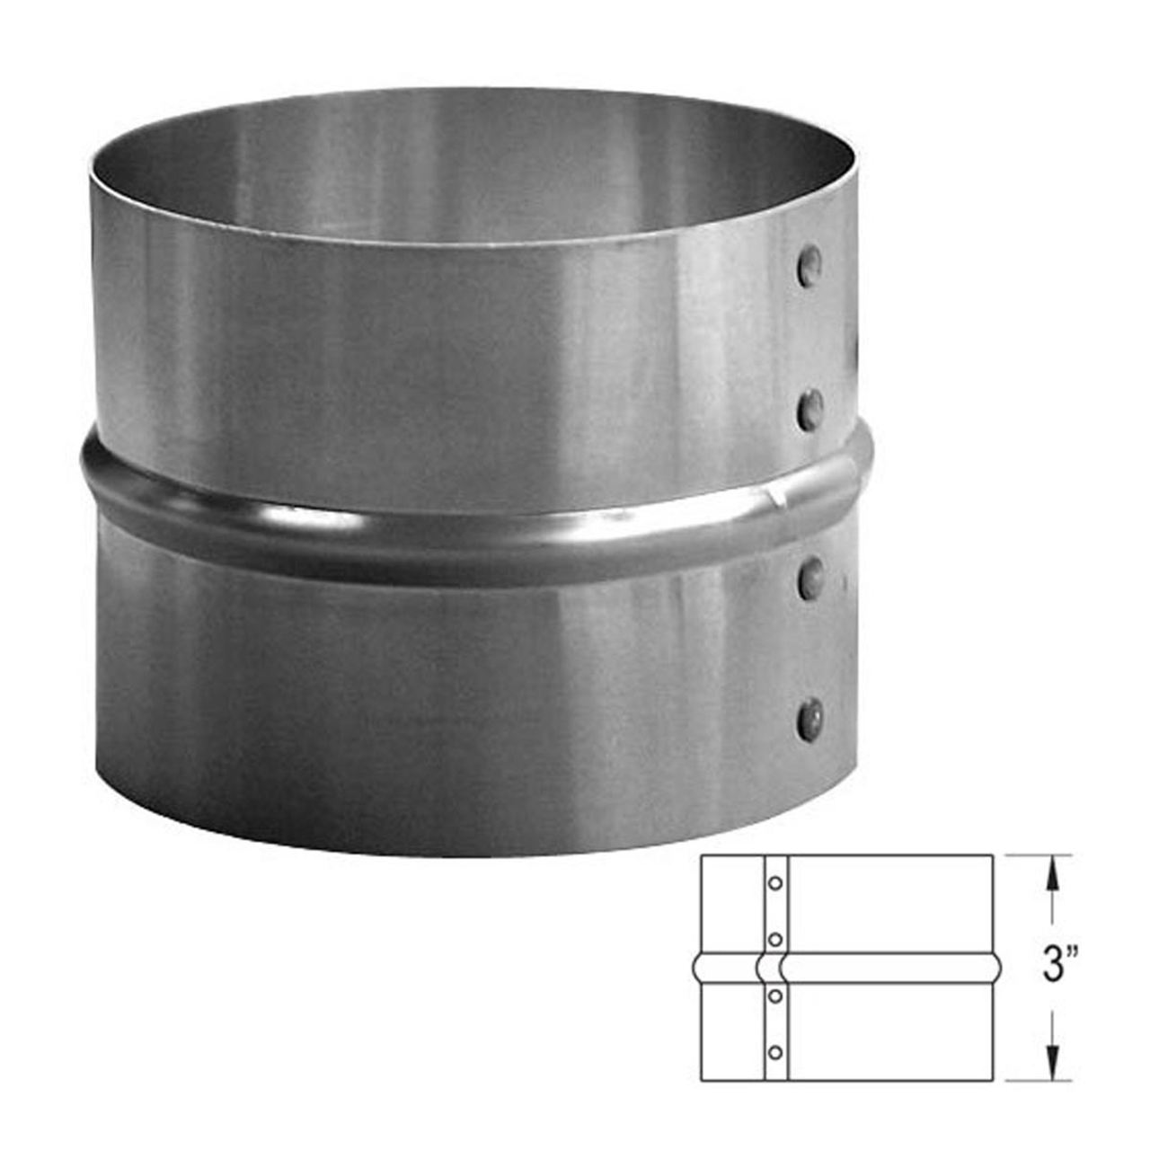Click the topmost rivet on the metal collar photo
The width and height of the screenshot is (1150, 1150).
click(x=810, y=266)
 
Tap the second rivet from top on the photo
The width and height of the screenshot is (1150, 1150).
click(x=810, y=409)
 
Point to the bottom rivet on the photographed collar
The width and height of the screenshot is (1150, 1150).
click(x=810, y=718)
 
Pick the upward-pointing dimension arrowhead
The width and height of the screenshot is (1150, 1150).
click(x=1049, y=869)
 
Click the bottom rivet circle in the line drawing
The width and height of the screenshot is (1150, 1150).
click(x=774, y=1051)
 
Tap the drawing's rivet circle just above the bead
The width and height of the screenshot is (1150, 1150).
click(x=774, y=939)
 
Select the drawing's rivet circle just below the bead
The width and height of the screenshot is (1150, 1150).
click(x=774, y=995)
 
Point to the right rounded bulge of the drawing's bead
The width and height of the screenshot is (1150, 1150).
click(x=995, y=967)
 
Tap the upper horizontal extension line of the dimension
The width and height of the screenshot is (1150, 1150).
click(x=1038, y=855)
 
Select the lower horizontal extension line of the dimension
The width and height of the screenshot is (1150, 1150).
click(x=1038, y=1080)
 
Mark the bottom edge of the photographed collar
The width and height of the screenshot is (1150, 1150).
click(x=467, y=852)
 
